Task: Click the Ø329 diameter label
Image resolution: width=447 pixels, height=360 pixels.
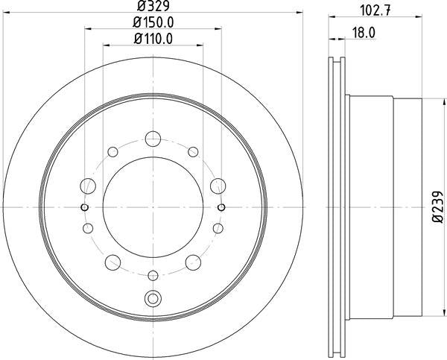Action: tap(153, 8)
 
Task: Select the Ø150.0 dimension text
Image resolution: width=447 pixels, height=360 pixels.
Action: tap(154, 24)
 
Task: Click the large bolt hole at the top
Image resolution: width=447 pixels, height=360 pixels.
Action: tap(153, 137)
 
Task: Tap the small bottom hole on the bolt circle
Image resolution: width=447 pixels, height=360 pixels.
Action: tap(153, 276)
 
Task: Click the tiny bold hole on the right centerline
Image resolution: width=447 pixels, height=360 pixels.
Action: tap(223, 206)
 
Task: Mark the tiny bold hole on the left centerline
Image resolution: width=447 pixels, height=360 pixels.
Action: tap(84, 206)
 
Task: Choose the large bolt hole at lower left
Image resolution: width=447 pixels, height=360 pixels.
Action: tap(113, 261)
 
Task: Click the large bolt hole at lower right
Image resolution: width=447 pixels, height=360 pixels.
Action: tap(194, 261)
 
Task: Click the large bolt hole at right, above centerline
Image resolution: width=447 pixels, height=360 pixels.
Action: tap(218, 185)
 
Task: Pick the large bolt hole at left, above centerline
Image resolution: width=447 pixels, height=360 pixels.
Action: tap(89, 185)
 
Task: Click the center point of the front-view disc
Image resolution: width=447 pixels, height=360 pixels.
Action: tap(153, 206)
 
